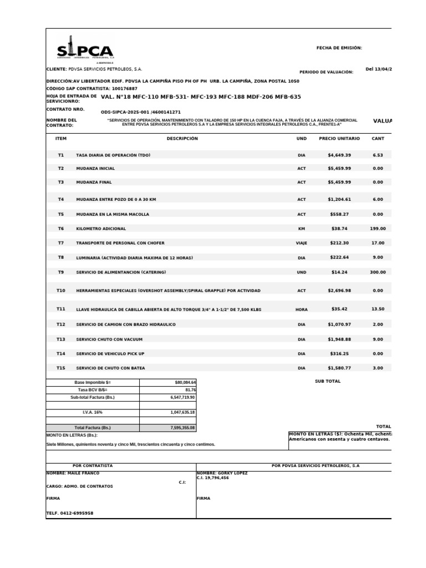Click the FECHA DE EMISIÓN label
(339, 48)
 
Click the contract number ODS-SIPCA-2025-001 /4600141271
(140, 112)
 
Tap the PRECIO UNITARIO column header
(339, 138)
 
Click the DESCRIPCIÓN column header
(181, 138)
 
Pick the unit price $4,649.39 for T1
(339, 155)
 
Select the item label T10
(60, 291)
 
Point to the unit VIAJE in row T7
(301, 243)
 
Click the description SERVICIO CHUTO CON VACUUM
(110, 339)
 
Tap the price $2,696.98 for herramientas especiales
(339, 291)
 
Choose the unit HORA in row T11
(301, 310)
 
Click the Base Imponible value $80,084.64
(185, 383)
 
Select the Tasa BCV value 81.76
(190, 390)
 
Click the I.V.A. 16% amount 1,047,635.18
(182, 413)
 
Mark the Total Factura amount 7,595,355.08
(182, 428)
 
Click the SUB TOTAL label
(327, 382)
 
